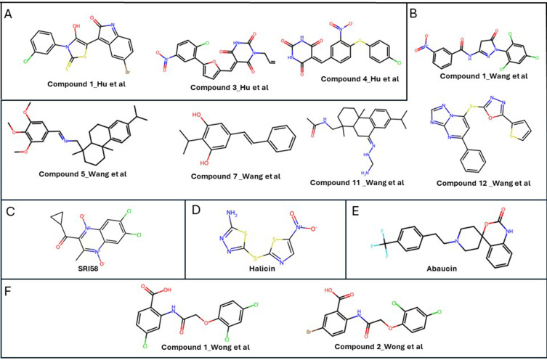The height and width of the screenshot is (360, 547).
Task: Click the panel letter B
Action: [414, 12]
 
